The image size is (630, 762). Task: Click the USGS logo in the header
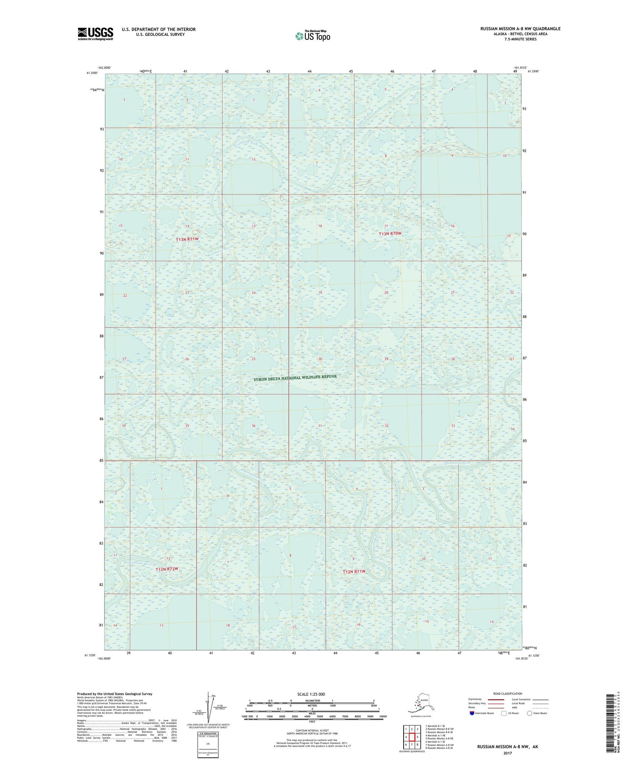[95, 34]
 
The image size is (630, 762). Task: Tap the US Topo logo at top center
[313, 35]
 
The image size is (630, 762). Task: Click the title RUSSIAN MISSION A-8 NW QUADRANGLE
[520, 29]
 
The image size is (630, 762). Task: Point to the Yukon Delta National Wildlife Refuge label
[295, 378]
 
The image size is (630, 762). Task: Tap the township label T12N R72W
[170, 569]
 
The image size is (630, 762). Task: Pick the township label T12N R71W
[354, 572]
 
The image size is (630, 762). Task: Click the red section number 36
[254, 426]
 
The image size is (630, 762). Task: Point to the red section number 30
[320, 359]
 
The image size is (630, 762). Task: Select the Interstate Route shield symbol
[472, 713]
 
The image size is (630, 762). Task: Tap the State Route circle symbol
[530, 713]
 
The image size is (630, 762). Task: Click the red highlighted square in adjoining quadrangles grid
[412, 737]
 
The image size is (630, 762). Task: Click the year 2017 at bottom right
[507, 751]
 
